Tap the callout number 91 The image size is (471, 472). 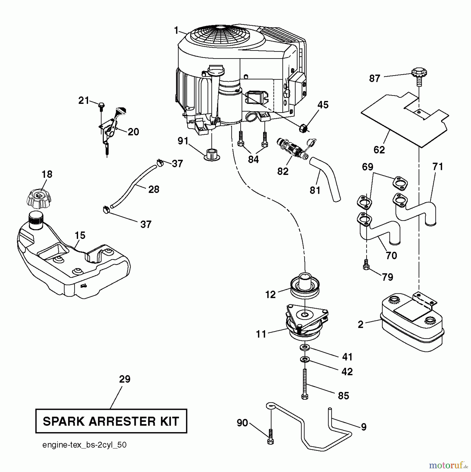183,141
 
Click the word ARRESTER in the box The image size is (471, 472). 121,421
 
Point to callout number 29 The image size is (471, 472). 124,379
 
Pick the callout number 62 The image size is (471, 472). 379,150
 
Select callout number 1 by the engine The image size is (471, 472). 176,31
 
